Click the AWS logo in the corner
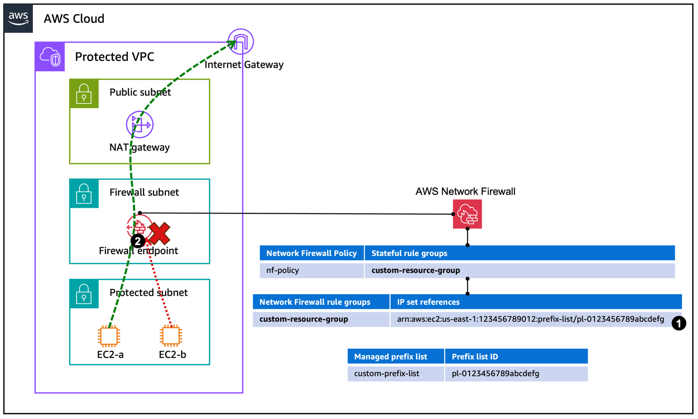[18, 19]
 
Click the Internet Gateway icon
[241, 41]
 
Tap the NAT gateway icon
[140, 124]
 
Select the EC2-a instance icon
[109, 336]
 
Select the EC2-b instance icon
[171, 336]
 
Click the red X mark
[160, 233]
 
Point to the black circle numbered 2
[138, 241]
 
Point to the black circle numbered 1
[678, 323]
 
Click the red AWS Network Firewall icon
[467, 214]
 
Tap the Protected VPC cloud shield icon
[50, 57]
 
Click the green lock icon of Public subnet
[84, 94]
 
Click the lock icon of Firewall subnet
[84, 194]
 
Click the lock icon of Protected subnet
[84, 294]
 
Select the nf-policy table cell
[311, 270]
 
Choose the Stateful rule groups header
[519, 253]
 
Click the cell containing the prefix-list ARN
[531, 319]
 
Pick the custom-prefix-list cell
[395, 374]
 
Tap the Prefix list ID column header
[516, 357]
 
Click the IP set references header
[535, 302]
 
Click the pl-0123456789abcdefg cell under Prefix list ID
[516, 374]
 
